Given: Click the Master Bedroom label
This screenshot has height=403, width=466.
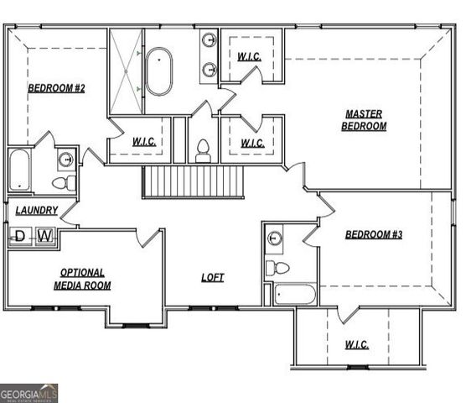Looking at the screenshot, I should (x=364, y=120).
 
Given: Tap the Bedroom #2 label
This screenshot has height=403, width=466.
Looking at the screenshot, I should (x=56, y=88).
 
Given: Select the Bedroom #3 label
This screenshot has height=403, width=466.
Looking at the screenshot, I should (x=374, y=234).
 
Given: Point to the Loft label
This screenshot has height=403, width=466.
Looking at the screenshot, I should (x=213, y=277).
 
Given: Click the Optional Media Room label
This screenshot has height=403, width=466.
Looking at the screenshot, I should (x=82, y=279).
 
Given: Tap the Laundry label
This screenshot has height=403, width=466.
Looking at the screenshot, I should (x=37, y=211).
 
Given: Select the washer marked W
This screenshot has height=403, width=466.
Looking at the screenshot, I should (x=45, y=236).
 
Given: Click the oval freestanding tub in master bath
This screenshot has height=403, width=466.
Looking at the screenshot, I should (x=158, y=72).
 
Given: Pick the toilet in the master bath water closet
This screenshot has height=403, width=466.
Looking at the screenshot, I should (x=202, y=152).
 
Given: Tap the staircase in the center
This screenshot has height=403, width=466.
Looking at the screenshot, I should (x=193, y=181).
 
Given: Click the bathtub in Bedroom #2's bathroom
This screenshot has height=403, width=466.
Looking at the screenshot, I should (x=19, y=170).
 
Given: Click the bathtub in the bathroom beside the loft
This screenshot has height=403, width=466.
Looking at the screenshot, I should (x=295, y=294).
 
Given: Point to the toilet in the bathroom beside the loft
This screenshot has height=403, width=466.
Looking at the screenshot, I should (x=278, y=268).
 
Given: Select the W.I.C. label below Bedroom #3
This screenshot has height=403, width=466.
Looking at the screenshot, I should (x=356, y=345).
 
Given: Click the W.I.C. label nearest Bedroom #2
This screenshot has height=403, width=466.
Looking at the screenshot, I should (x=144, y=142).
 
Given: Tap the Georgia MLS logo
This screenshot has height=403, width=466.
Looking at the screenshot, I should (x=29, y=393).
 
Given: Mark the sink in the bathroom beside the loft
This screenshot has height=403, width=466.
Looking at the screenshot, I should (x=275, y=238).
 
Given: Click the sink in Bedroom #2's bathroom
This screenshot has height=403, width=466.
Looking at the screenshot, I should (x=65, y=160).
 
